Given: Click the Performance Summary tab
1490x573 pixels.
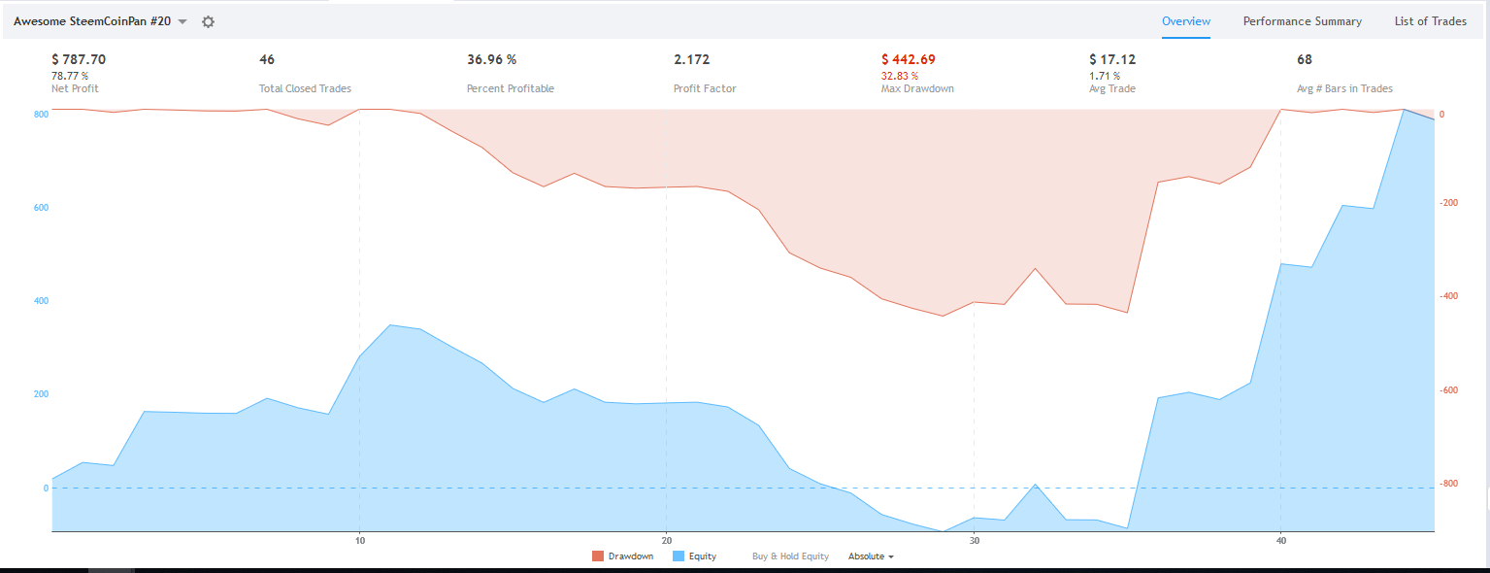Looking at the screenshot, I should click(x=1302, y=21).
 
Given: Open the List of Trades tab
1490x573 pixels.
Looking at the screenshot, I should click(x=1430, y=21).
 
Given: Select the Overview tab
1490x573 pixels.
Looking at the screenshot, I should click(x=1186, y=21).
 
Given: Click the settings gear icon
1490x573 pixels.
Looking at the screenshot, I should click(x=208, y=21).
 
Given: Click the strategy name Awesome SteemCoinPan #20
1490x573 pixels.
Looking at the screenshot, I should click(x=92, y=21).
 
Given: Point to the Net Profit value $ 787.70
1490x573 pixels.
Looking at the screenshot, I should click(x=79, y=59).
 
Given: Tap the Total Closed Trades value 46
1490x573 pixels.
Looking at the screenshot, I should click(x=267, y=59).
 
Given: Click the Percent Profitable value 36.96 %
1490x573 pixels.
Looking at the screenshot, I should click(x=491, y=59).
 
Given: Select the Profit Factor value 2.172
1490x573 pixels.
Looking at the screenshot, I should click(x=691, y=59).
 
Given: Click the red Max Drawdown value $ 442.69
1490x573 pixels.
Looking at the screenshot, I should click(x=909, y=59).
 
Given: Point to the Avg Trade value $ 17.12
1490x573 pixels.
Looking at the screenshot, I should click(x=1112, y=59).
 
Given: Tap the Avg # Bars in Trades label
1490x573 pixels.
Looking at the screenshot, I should click(x=1344, y=88).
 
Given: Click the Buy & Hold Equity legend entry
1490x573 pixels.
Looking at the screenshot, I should click(x=790, y=556).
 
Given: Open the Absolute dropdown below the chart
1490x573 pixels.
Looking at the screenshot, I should click(x=871, y=556).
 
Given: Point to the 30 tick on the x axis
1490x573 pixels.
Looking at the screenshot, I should click(x=974, y=541).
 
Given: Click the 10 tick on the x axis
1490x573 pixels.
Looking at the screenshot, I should click(x=359, y=541).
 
